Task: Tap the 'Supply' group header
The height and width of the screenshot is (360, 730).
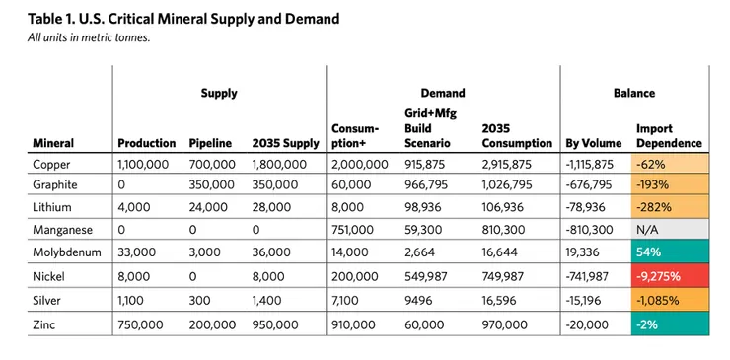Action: tap(219, 94)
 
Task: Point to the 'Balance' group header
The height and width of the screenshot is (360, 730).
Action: tap(634, 94)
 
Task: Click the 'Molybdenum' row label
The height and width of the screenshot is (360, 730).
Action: tap(65, 252)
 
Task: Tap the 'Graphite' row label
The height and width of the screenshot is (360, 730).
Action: tap(54, 183)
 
